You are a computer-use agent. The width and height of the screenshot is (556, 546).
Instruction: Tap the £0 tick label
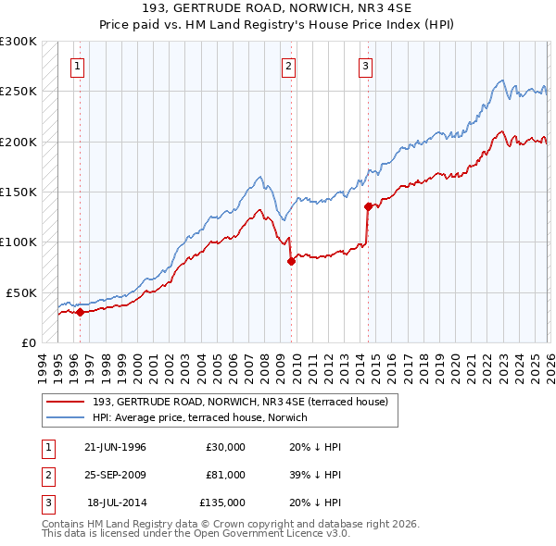click(27, 342)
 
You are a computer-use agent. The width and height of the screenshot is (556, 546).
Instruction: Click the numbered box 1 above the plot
click(77, 66)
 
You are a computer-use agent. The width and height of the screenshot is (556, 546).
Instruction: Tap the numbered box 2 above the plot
click(289, 66)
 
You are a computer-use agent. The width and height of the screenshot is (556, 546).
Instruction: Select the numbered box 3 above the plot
click(366, 66)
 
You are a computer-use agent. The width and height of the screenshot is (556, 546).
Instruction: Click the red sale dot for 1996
click(80, 312)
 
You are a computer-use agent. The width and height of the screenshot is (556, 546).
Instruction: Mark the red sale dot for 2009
click(291, 261)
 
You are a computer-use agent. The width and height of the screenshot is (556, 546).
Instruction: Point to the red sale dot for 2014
click(368, 206)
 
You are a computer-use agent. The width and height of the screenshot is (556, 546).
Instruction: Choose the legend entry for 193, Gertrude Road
click(246, 402)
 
